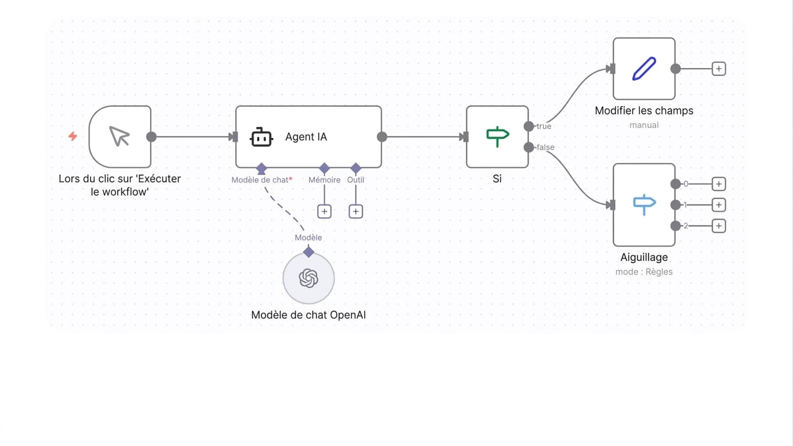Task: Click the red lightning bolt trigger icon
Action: pyautogui.click(x=73, y=136)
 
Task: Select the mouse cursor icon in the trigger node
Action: pyautogui.click(x=120, y=136)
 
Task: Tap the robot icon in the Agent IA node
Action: pyautogui.click(x=261, y=137)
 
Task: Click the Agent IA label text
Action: pyautogui.click(x=306, y=137)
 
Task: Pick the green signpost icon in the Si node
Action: pyautogui.click(x=498, y=136)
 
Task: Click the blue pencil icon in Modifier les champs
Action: pyautogui.click(x=644, y=69)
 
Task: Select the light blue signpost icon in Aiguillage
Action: pyautogui.click(x=644, y=204)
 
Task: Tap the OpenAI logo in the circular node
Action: pyautogui.click(x=308, y=278)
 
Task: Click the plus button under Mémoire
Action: pyautogui.click(x=324, y=211)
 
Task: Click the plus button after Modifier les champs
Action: pyautogui.click(x=719, y=69)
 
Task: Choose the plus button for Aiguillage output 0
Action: pyautogui.click(x=719, y=184)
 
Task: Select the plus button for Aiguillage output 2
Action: pyautogui.click(x=719, y=226)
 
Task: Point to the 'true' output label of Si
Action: pyautogui.click(x=544, y=127)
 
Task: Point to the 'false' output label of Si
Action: pyautogui.click(x=546, y=148)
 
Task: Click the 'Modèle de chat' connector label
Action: pyautogui.click(x=260, y=180)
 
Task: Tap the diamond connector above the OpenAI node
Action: pyautogui.click(x=308, y=252)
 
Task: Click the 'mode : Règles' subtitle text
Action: pyautogui.click(x=644, y=272)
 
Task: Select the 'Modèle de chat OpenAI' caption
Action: pyautogui.click(x=308, y=315)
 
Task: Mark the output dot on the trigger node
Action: pyautogui.click(x=152, y=136)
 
